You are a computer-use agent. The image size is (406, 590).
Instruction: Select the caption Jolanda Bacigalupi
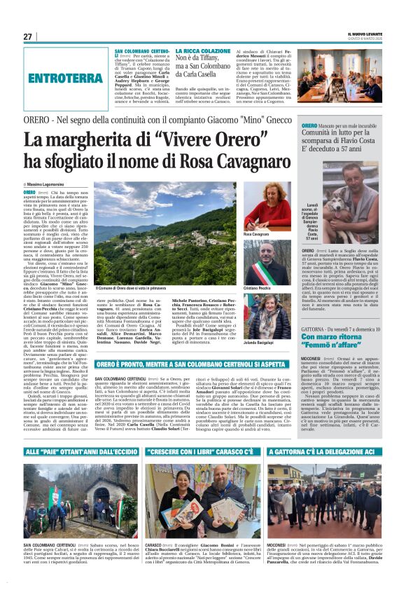259,324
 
